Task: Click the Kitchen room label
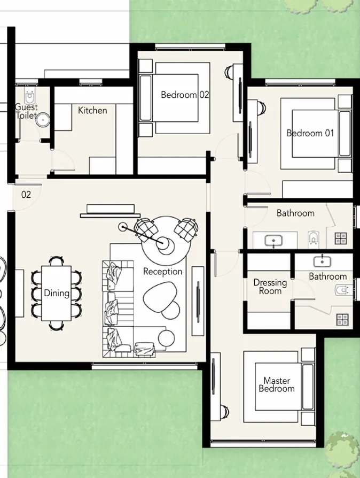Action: coord(92,111)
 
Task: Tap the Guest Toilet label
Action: coord(26,111)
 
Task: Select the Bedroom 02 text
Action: coord(185,95)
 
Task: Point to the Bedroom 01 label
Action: coord(310,133)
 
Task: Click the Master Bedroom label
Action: coord(277,385)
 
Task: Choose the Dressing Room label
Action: coord(270,287)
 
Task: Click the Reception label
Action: coord(162,272)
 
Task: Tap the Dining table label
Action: coord(57,293)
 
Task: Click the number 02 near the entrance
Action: coord(26,195)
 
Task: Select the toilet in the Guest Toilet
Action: coord(31,97)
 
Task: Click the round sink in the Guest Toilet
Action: coord(42,120)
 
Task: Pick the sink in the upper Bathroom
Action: coord(274,242)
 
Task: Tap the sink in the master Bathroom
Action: coord(323,261)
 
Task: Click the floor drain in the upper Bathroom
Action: coord(341,239)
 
